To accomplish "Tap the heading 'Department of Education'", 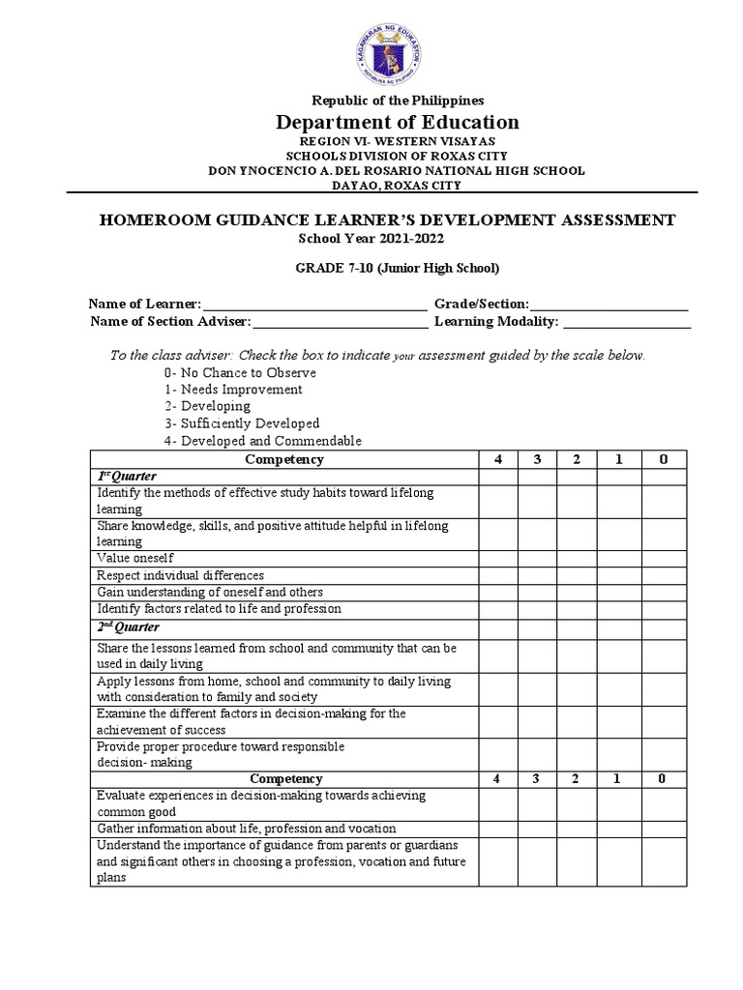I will click(397, 122).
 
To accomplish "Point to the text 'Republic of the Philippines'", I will click(397, 100).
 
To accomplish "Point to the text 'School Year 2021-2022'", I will click(362, 238).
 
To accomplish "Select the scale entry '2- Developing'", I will click(207, 406).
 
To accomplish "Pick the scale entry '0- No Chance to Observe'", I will click(240, 372).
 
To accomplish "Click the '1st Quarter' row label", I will click(127, 477).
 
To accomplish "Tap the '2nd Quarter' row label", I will click(128, 627).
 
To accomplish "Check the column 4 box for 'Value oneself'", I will click(497, 558).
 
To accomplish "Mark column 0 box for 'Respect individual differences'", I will click(663, 575).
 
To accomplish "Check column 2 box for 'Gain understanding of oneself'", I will click(576, 592).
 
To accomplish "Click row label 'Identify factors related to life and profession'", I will click(219, 609).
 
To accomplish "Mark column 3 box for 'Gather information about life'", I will click(536, 829).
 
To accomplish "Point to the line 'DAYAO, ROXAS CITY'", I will click(397, 185).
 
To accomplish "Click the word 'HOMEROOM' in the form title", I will click(152, 220).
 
